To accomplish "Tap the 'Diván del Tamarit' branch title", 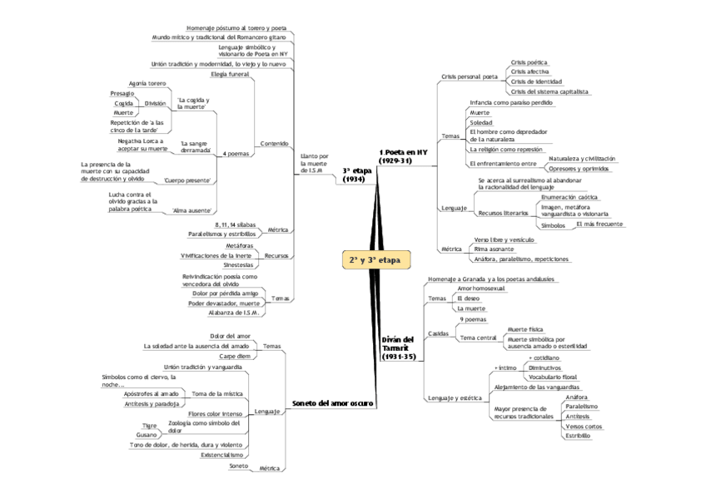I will pyautogui.click(x=397, y=348).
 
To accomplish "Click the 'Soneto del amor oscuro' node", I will pyautogui.click(x=332, y=403).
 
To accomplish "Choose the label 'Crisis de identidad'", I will pyautogui.click(x=536, y=81).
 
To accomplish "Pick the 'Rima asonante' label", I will pyautogui.click(x=494, y=249).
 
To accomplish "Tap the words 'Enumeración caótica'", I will pyautogui.click(x=569, y=197).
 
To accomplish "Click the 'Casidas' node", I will pyautogui.click(x=438, y=333).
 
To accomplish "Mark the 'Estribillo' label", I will pyautogui.click(x=578, y=435).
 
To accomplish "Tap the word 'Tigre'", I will pyautogui.click(x=150, y=425).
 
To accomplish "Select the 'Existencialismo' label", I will pyautogui.click(x=222, y=455).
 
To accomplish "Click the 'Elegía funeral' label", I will pyautogui.click(x=230, y=74).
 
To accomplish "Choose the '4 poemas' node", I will pyautogui.click(x=236, y=154).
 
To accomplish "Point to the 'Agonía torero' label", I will pyautogui.click(x=147, y=84).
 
